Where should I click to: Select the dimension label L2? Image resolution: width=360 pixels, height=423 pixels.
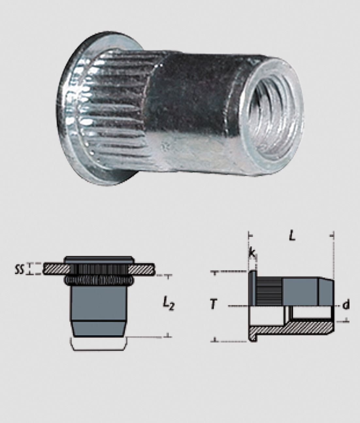[x=169, y=306]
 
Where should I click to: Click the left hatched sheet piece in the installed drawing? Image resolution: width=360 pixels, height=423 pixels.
[x=57, y=269]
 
